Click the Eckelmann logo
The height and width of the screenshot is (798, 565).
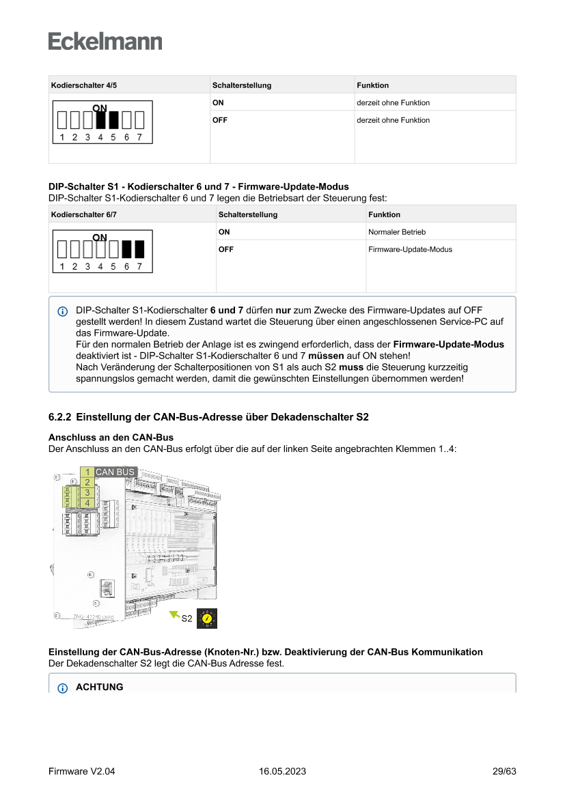click(105, 42)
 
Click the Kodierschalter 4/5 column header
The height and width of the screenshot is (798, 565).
click(79, 85)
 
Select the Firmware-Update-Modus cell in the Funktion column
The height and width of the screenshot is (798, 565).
click(410, 249)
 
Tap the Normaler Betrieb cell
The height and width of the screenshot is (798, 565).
click(397, 232)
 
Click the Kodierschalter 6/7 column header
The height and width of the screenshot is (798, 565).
click(79, 214)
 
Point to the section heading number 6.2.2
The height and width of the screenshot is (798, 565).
click(61, 416)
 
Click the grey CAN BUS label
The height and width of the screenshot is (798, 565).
click(115, 472)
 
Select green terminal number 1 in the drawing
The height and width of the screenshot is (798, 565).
click(87, 472)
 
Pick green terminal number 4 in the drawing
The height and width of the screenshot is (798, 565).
click(87, 503)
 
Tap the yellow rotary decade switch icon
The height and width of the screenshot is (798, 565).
click(206, 618)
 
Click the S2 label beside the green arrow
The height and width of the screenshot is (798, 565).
click(187, 618)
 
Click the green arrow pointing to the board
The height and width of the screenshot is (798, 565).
click(174, 615)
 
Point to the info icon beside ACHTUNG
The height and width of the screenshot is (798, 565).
click(62, 687)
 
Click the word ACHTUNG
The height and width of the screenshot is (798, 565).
click(100, 687)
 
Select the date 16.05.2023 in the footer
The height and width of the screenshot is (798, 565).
click(282, 771)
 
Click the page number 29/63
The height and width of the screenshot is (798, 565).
click(504, 771)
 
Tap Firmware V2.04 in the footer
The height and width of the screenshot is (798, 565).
click(81, 771)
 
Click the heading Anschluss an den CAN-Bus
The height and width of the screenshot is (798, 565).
click(111, 437)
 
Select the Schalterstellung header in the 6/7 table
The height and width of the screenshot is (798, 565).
click(248, 214)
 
